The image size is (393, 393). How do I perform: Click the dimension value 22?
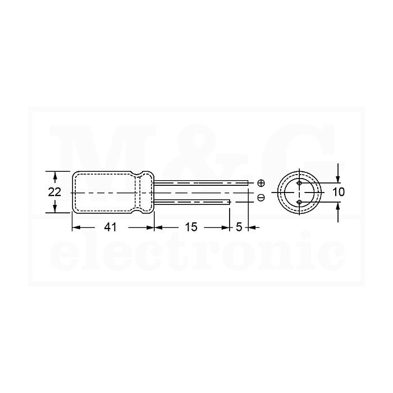click(x=54, y=192)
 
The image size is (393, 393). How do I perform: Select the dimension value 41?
click(x=111, y=227)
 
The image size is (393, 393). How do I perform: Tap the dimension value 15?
click(x=191, y=227)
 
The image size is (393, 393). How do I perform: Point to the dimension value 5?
click(x=239, y=227)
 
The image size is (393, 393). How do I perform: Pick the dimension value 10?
click(x=339, y=192)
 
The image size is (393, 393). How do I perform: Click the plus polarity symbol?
click(x=261, y=183)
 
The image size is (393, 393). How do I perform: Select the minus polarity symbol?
click(x=261, y=198)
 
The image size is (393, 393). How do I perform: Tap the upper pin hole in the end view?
click(x=299, y=183)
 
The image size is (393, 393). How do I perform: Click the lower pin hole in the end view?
click(x=299, y=202)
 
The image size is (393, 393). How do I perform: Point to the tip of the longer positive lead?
click(x=248, y=183)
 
